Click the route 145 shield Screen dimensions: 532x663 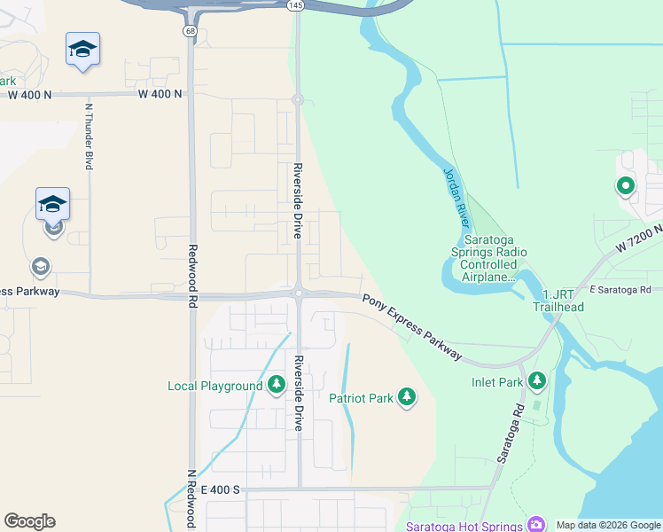click(x=295, y=5)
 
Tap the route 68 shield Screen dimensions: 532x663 click(x=191, y=31)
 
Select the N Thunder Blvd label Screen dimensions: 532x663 click(x=89, y=137)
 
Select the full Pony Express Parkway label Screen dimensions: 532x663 click(x=412, y=326)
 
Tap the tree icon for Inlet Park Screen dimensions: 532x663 click(x=536, y=380)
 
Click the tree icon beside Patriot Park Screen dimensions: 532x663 click(x=407, y=397)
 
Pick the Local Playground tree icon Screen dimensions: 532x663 click(x=277, y=385)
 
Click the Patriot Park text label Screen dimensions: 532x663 click(x=361, y=398)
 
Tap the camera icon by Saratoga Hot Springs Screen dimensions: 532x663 click(x=536, y=524)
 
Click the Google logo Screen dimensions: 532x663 click(x=29, y=521)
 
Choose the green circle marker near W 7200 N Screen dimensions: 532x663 click(x=625, y=186)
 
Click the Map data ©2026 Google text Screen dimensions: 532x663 click(x=607, y=525)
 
